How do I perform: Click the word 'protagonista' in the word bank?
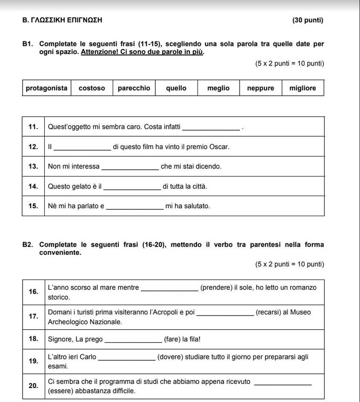(46, 88)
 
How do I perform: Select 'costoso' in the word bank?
(92, 88)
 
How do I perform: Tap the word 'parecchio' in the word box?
(134, 88)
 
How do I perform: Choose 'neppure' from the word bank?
(260, 88)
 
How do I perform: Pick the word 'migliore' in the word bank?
(303, 88)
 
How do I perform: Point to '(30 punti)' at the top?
(308, 20)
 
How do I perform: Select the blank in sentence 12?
(83, 148)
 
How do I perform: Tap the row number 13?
(33, 166)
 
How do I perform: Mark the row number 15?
(33, 206)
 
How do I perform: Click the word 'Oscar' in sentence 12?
(220, 147)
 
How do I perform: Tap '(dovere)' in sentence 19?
(170, 357)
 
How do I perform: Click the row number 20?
(33, 386)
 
